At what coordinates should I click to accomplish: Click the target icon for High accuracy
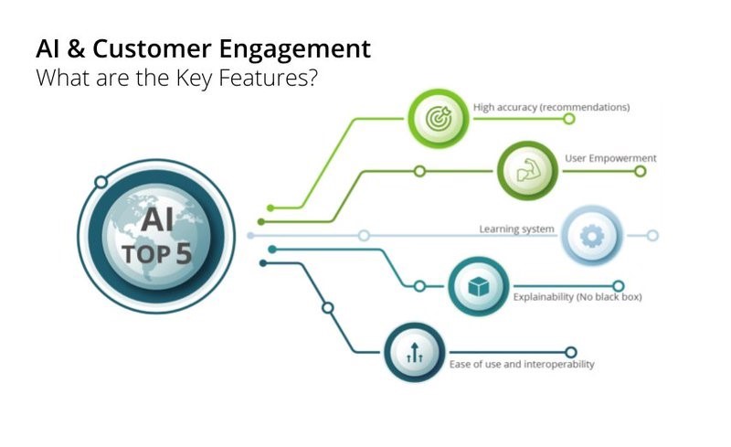click(x=439, y=119)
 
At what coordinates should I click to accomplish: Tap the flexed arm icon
click(x=527, y=170)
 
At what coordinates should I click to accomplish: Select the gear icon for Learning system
click(x=592, y=236)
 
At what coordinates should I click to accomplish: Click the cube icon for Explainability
click(x=478, y=286)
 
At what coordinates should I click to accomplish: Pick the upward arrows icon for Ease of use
click(x=415, y=353)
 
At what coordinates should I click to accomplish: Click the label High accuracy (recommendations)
click(x=552, y=107)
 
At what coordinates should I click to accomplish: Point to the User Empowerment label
click(x=610, y=158)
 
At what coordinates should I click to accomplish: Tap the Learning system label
click(x=516, y=229)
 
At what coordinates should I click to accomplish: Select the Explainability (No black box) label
click(x=577, y=297)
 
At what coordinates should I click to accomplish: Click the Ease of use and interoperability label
click(x=522, y=364)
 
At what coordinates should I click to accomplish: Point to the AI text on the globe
click(x=157, y=219)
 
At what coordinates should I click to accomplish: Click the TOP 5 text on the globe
click(x=157, y=254)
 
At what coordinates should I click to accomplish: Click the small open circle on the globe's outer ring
click(x=101, y=182)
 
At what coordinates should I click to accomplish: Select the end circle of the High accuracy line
click(x=568, y=119)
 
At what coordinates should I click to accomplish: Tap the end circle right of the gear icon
click(x=652, y=236)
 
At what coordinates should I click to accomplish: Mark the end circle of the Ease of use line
click(x=570, y=352)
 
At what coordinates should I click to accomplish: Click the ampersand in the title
click(x=76, y=49)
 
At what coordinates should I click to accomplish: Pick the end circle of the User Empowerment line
click(x=641, y=171)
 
